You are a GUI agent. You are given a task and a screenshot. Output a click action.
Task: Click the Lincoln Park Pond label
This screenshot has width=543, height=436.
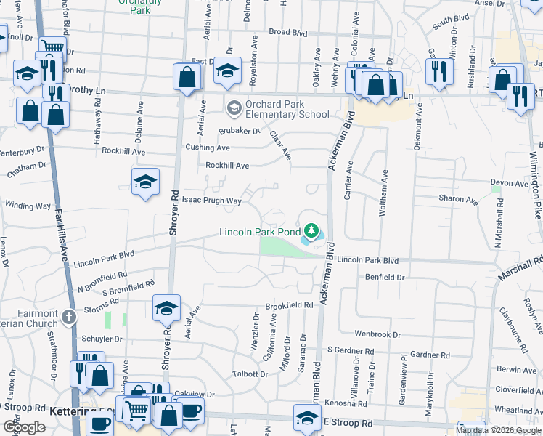[259, 233]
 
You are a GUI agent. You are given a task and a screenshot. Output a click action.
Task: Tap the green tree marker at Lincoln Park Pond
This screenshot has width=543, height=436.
[311, 231]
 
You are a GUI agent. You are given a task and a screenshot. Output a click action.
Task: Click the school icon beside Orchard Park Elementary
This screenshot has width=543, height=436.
[234, 109]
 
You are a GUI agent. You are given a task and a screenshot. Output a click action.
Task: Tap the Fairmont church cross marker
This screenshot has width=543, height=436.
[69, 317]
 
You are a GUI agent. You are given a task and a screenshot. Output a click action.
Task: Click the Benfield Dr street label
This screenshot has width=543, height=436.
[384, 278]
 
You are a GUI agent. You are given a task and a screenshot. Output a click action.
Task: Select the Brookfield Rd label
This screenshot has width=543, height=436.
[288, 306]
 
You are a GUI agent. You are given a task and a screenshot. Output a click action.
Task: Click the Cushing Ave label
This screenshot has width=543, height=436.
[207, 148]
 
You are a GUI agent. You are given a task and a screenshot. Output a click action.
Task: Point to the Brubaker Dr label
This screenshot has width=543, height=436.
[239, 131]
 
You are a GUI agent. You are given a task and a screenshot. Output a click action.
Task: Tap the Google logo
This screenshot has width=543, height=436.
[24, 427]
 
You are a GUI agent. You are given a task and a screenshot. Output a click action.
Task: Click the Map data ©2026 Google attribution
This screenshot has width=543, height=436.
[499, 430]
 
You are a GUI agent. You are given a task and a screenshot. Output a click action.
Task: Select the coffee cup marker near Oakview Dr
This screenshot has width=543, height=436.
[191, 411]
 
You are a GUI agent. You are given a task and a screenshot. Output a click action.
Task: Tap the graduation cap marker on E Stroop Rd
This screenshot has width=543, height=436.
[307, 417]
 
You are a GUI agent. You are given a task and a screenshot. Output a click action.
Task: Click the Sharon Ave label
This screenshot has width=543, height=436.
[457, 198]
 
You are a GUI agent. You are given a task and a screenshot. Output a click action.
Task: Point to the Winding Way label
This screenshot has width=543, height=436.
[28, 206]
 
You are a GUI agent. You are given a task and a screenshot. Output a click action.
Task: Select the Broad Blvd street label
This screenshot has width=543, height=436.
[288, 33]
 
